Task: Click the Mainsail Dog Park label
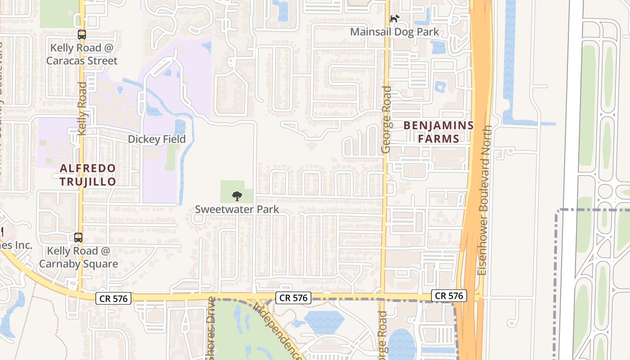click(x=394, y=32)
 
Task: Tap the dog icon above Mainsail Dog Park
click(x=394, y=19)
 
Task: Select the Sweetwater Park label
click(x=237, y=209)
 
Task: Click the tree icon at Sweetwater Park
click(x=237, y=196)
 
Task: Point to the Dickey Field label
click(x=157, y=139)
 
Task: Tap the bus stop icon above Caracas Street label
click(x=82, y=34)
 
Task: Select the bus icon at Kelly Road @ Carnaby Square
click(x=78, y=237)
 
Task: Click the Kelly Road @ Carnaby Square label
click(x=79, y=257)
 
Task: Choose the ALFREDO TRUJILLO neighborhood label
click(x=88, y=175)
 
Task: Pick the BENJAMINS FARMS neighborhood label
click(x=439, y=132)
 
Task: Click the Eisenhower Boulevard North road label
click(x=485, y=200)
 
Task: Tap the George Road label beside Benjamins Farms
click(x=386, y=119)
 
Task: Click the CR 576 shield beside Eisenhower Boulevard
click(x=449, y=296)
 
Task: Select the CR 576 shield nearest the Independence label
click(x=293, y=297)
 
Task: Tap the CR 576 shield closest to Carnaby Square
click(x=113, y=298)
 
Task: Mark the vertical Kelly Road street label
click(x=82, y=108)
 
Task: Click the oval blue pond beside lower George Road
click(x=401, y=344)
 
